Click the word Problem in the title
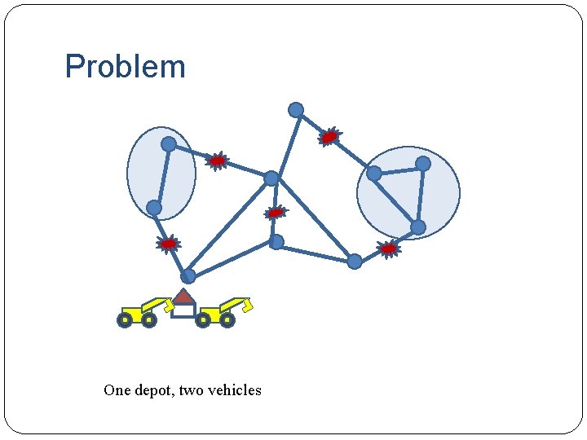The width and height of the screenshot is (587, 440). (x=125, y=67)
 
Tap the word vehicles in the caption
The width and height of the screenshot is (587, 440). (x=234, y=390)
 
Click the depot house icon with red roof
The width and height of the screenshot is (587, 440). (x=183, y=303)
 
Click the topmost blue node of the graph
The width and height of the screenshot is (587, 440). (x=296, y=109)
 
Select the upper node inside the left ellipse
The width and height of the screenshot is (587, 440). (x=169, y=144)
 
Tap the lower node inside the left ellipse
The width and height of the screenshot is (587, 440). (x=154, y=208)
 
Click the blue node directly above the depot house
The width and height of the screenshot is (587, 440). (x=188, y=276)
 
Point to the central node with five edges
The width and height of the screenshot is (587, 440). (x=271, y=178)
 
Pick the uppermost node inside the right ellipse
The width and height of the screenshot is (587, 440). (x=423, y=164)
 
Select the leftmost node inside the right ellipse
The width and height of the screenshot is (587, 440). (x=373, y=173)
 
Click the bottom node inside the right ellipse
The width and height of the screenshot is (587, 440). (x=417, y=227)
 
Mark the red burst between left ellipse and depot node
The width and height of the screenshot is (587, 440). (x=168, y=244)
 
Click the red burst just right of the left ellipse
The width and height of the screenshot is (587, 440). (x=217, y=161)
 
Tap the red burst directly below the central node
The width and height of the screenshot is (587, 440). (x=276, y=213)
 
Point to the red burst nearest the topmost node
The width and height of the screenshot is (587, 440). (x=329, y=137)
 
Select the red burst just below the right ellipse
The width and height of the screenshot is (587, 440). (x=389, y=248)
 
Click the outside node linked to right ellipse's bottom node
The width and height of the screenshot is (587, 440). (x=355, y=262)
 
